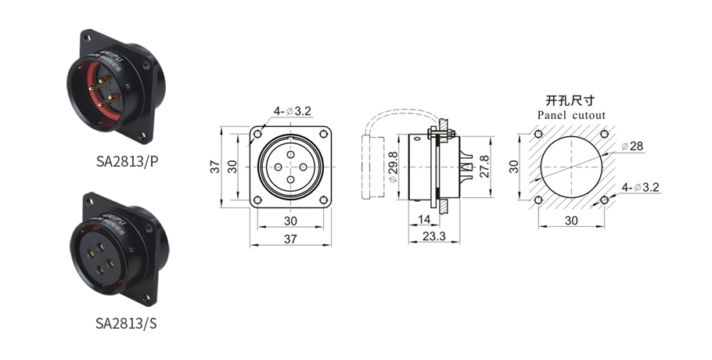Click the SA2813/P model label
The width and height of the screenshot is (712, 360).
[x=127, y=162]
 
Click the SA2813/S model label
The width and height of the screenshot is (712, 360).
[x=126, y=323]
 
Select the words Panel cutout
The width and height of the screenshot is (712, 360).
[x=571, y=115]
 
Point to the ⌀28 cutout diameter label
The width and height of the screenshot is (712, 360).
[x=632, y=146]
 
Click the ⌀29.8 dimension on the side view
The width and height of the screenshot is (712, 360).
[x=393, y=167]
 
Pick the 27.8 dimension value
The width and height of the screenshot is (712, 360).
[x=484, y=166]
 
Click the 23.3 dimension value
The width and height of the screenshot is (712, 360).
[x=433, y=236]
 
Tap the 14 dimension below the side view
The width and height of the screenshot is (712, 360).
[x=423, y=220]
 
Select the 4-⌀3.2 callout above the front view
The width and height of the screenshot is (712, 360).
[x=292, y=111]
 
